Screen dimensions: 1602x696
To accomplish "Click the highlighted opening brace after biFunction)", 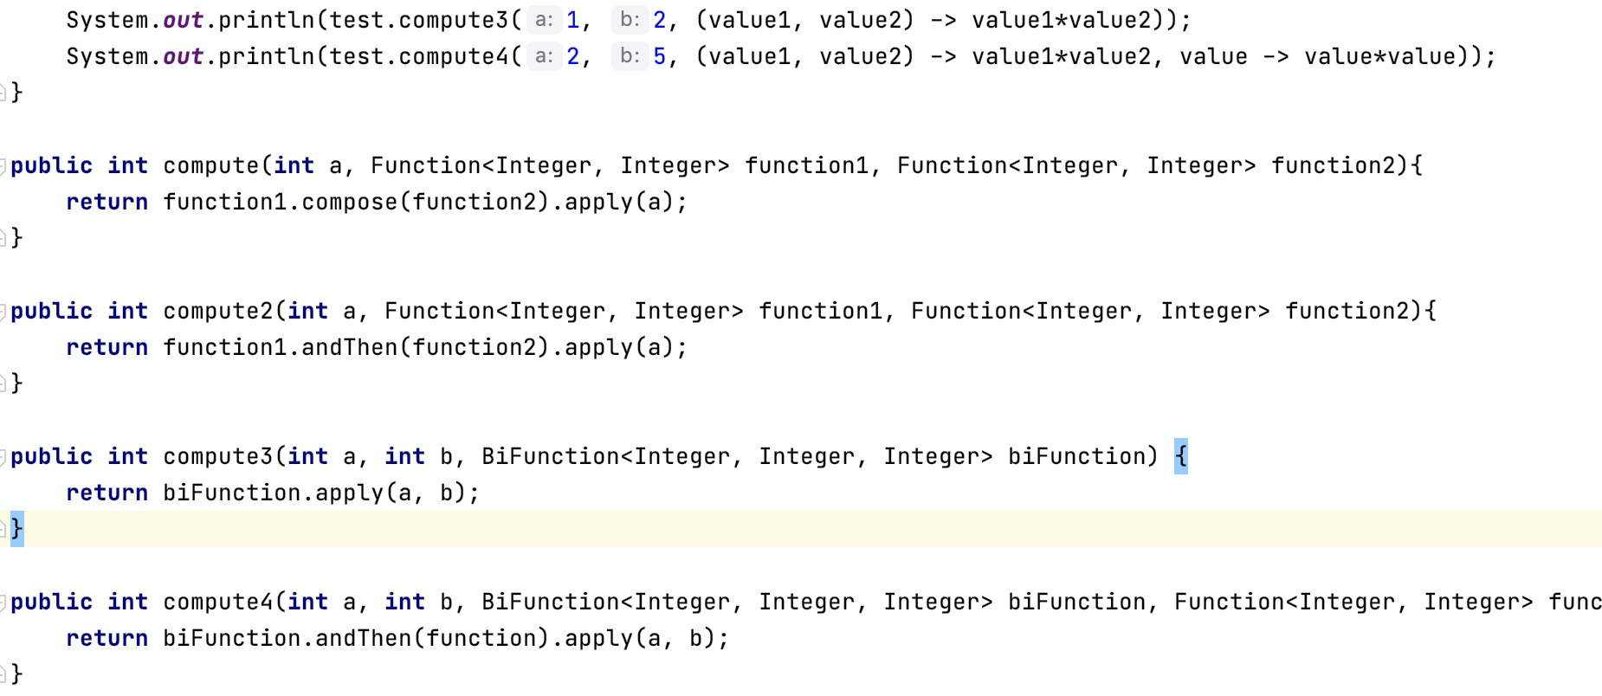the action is coord(1181,456).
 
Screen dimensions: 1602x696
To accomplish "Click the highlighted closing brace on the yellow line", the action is coord(16,528).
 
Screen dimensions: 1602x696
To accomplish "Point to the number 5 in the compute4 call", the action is coord(659,57).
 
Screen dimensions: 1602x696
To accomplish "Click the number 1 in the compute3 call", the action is coord(572,20).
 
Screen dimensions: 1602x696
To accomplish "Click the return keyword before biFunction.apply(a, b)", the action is coord(107,493).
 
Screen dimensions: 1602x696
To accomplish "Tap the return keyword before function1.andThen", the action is coord(107,347).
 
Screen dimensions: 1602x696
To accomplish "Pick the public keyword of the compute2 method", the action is coord(51,311).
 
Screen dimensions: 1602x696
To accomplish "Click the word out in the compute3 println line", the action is coord(183,20).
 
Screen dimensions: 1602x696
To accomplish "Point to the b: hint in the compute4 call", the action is coord(630,57).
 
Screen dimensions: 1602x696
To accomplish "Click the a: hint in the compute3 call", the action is coord(544,20).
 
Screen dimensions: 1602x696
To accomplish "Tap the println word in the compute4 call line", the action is coord(267,57).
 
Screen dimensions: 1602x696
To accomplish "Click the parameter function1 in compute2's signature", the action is coord(820,311).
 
